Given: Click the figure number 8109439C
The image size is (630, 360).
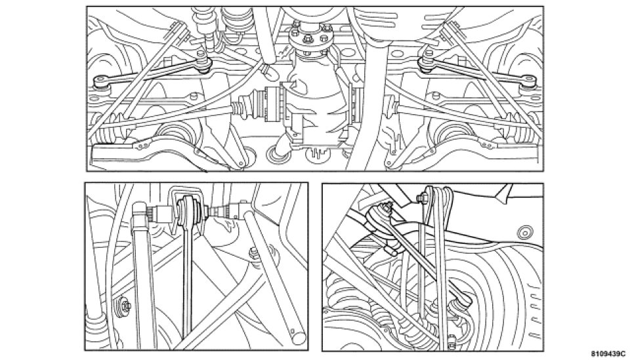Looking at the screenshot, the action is click(x=608, y=353).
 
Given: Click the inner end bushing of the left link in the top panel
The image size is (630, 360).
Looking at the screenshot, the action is click(x=203, y=64).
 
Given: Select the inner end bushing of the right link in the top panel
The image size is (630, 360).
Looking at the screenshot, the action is click(x=427, y=64).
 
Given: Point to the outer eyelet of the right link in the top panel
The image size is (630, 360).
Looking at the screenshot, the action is click(x=528, y=81).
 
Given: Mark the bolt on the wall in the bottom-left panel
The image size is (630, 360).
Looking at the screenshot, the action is click(x=124, y=306).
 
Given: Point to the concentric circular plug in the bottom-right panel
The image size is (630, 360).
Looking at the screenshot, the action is click(x=525, y=232).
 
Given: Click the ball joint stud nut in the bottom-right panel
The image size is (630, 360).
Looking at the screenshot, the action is click(x=387, y=206).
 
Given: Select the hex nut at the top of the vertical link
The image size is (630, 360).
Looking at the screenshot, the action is click(x=422, y=197).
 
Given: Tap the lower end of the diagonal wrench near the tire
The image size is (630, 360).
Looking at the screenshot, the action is click(x=465, y=300).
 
